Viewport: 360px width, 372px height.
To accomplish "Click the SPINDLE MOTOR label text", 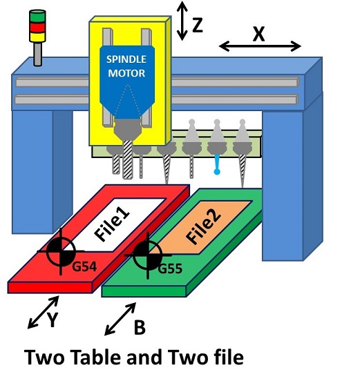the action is point(126,66).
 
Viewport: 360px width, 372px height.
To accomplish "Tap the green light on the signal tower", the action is point(37,16).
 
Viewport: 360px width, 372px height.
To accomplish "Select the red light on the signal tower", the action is point(37,27).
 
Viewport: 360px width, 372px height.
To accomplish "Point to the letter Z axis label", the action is point(198,25).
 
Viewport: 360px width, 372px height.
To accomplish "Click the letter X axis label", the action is point(258,35).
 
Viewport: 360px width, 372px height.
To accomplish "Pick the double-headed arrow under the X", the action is point(260,46).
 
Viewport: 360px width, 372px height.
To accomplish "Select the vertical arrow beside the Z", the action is point(182,21).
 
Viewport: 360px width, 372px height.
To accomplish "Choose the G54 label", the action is point(84,266).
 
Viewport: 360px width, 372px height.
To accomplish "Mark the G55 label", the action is point(170,268).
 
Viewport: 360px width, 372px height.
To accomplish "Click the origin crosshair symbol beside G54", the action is point(61,251).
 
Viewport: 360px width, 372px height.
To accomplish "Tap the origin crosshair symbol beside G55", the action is point(148,255).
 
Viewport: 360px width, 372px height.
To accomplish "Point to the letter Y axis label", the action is point(53,320).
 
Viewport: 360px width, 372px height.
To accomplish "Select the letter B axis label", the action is point(140,327).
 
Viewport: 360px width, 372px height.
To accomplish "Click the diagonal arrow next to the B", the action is point(120,319).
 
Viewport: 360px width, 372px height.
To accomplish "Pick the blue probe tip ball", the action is point(216,171).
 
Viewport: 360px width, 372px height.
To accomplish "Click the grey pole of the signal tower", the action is point(38,54).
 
